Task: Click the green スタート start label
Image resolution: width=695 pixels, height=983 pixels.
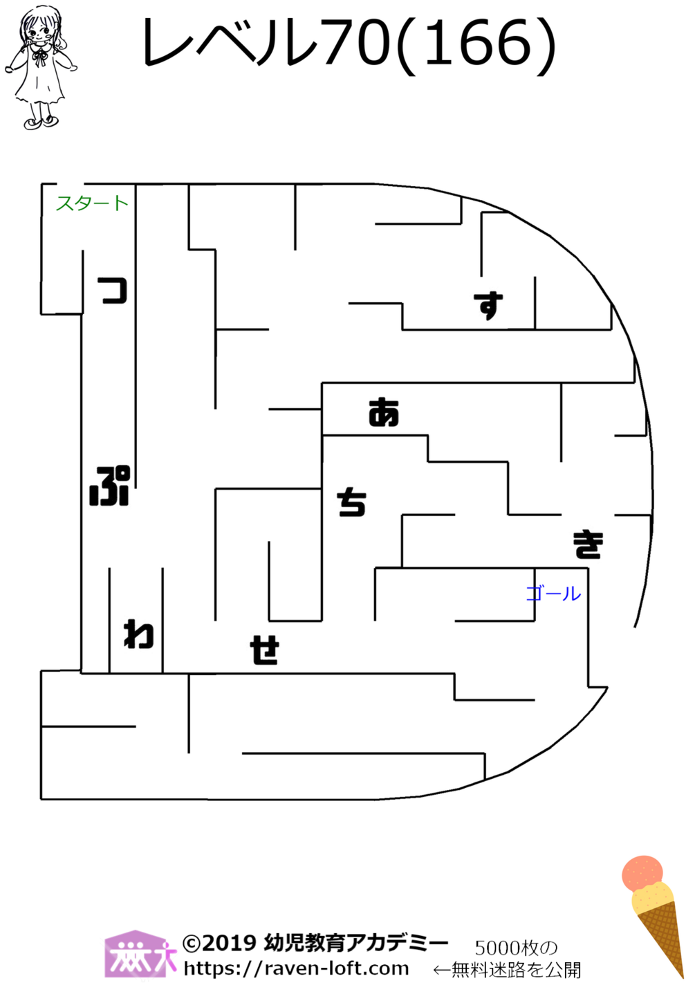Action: click(91, 203)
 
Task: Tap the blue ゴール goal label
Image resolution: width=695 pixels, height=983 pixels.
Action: click(553, 594)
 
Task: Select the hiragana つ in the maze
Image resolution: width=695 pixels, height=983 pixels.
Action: click(113, 291)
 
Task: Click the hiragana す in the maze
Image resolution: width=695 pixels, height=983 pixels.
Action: click(488, 305)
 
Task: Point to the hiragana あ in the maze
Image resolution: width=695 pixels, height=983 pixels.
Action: click(384, 412)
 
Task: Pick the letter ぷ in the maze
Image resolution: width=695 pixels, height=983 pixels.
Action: click(110, 486)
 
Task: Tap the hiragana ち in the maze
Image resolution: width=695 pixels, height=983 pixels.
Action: click(351, 502)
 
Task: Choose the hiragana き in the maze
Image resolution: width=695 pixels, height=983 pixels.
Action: click(588, 544)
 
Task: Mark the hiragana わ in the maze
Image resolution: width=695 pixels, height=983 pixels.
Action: click(138, 634)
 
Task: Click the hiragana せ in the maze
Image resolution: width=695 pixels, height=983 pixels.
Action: click(264, 650)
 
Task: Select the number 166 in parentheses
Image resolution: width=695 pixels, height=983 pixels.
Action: click(478, 44)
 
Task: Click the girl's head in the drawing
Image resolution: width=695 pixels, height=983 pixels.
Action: click(39, 28)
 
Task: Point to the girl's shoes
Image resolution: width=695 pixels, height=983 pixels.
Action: click(41, 122)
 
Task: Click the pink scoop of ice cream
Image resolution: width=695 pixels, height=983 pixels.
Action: click(642, 873)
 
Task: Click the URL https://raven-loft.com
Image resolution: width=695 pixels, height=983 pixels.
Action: click(296, 968)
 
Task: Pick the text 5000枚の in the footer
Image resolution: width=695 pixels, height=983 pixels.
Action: click(515, 948)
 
